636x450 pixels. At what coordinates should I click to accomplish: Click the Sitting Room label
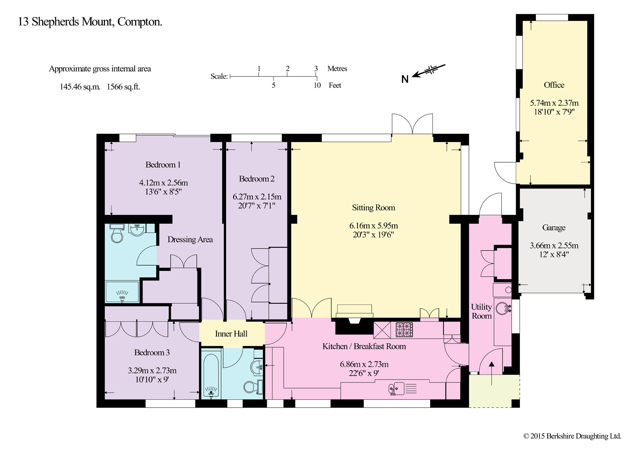[373, 208]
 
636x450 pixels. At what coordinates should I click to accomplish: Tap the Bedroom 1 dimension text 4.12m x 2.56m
[163, 183]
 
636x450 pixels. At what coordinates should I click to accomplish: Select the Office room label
[554, 85]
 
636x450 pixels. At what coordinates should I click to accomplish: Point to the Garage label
[554, 228]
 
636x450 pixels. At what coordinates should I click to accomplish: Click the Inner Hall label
[231, 333]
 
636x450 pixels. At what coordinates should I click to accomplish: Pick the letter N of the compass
[405, 79]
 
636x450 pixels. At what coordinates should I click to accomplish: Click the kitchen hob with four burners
[404, 330]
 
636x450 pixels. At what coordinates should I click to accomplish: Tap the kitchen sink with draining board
[403, 388]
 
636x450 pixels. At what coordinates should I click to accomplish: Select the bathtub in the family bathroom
[211, 375]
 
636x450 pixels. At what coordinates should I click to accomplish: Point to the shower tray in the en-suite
[122, 292]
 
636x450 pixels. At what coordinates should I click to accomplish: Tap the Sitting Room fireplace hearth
[354, 311]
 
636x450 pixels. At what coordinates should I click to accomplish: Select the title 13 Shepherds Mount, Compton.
[90, 22]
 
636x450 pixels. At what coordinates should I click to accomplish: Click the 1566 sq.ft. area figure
[124, 87]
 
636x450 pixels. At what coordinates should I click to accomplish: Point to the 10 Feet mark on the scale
[317, 85]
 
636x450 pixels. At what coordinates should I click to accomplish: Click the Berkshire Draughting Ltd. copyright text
[572, 436]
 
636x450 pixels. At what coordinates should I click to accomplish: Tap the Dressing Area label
[190, 240]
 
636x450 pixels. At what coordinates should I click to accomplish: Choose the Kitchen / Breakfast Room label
[364, 346]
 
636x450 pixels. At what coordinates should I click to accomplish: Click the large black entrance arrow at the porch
[491, 373]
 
